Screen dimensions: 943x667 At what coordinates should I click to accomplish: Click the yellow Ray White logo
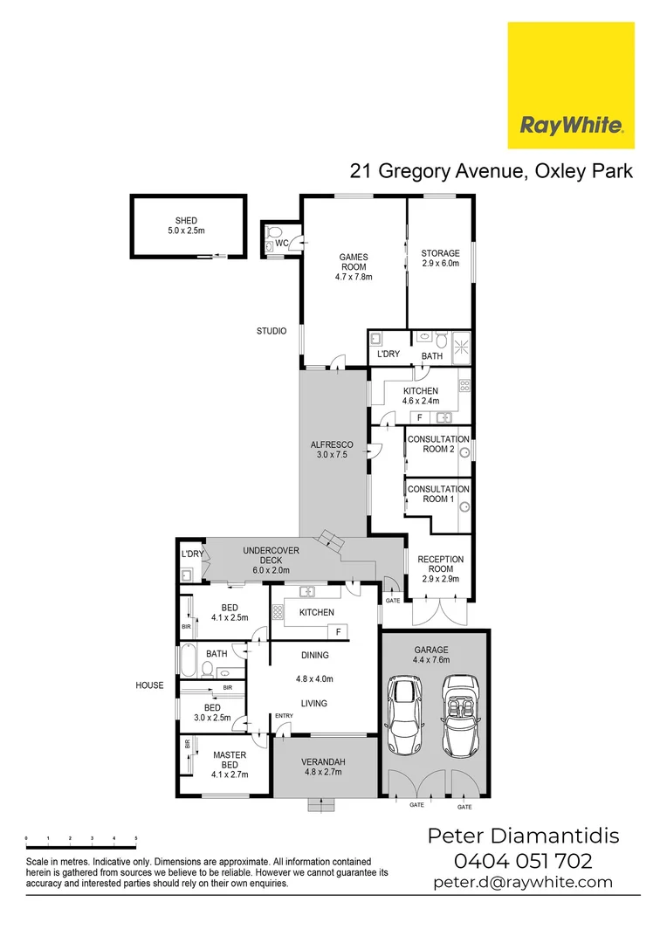(571, 86)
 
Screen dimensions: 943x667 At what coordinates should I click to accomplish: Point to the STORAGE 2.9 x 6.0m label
(440, 258)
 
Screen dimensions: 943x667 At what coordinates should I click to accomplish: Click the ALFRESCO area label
(332, 450)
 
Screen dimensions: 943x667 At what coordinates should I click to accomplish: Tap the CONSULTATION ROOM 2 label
(438, 444)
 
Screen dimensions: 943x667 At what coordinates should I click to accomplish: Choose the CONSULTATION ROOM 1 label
(438, 494)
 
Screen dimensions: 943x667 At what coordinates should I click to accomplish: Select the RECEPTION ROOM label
(440, 564)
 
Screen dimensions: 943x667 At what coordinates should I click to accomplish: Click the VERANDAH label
(322, 766)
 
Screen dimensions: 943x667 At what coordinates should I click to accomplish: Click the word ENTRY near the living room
(284, 717)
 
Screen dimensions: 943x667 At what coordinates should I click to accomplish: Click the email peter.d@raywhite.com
(523, 882)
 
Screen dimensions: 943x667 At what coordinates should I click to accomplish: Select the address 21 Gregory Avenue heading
(492, 170)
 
